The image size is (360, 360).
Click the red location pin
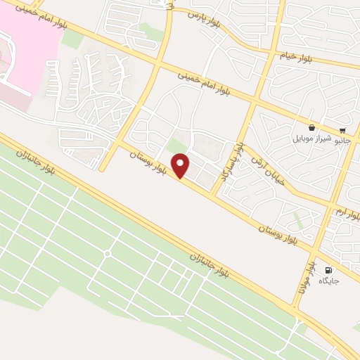181,166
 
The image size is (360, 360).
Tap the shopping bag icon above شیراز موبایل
311,127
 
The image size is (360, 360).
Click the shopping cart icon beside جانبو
342,130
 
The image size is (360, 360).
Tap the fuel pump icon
328,269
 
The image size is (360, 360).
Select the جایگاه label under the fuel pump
328,281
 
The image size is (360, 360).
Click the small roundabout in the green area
108,253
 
